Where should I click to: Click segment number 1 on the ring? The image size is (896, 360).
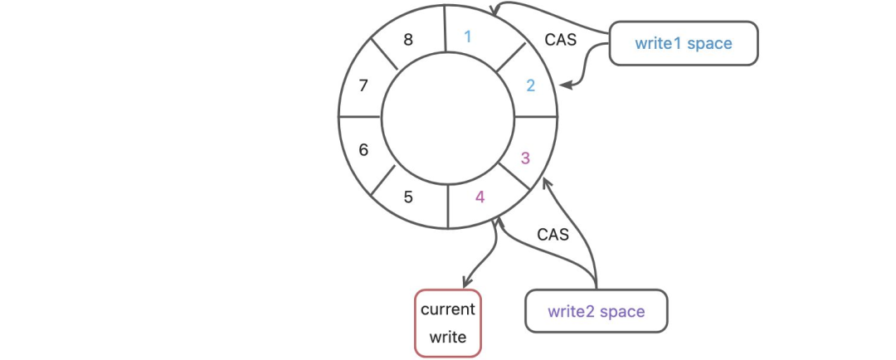(468, 36)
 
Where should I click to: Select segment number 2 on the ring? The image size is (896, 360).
(531, 85)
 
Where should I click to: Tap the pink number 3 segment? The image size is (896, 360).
(524, 158)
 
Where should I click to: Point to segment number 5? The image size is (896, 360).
(407, 197)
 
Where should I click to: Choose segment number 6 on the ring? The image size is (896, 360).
(363, 150)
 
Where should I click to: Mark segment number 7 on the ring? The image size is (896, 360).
(363, 85)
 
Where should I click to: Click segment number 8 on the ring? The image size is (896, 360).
(407, 39)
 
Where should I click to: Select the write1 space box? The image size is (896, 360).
(684, 43)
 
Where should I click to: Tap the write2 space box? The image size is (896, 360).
(596, 312)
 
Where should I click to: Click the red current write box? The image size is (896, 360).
(448, 324)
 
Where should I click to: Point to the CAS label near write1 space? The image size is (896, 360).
(560, 39)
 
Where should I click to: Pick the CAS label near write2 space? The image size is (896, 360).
(553, 235)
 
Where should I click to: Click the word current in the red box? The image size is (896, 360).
(448, 309)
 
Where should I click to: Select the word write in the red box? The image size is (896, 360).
(448, 338)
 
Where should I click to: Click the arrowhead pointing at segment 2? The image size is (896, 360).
(565, 84)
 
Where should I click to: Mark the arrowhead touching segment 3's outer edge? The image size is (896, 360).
(546, 182)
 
